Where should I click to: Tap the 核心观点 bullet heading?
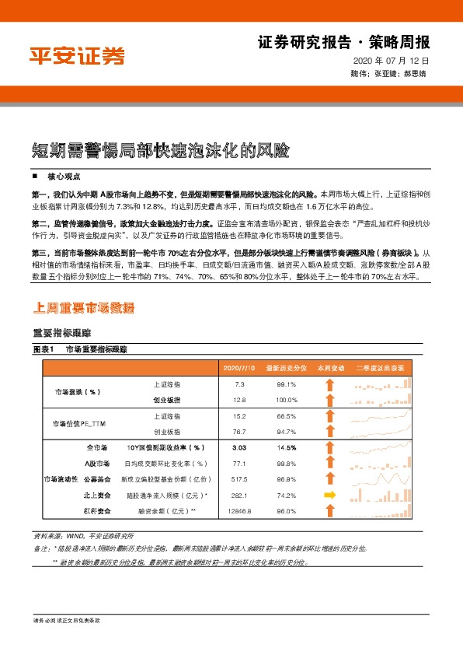tap(63, 177)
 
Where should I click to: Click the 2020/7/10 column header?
tap(239, 367)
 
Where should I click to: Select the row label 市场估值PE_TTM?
tap(77, 423)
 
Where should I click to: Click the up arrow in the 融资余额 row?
tap(329, 510)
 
